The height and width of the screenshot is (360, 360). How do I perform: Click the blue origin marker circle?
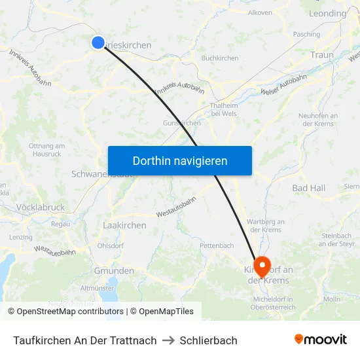coord(98,43)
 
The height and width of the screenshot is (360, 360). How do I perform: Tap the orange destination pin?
coord(262,265)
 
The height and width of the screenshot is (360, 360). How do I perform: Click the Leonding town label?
coord(327,13)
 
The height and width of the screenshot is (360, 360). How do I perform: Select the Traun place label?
coord(322,55)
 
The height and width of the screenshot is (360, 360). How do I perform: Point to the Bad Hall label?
coord(308,189)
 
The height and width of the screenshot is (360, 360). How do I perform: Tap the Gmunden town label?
coord(114,271)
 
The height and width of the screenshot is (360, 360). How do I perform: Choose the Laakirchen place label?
coord(124,225)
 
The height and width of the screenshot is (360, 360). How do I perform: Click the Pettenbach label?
coord(217,246)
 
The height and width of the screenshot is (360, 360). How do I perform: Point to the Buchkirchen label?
coord(220,58)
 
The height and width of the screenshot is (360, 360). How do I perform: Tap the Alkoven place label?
coord(260,12)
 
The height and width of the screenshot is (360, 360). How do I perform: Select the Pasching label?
coord(307,34)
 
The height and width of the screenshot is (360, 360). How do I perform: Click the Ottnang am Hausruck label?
coord(46,150)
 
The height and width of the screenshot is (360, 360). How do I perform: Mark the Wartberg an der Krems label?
coord(265,226)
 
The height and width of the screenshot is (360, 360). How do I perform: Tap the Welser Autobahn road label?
coord(284,86)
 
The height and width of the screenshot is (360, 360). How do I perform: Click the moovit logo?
coord(321,339)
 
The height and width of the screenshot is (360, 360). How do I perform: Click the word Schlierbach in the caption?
coord(208,340)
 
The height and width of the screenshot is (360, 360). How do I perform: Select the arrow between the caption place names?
coord(168,340)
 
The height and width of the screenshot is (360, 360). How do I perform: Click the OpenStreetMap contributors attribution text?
coord(70,312)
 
